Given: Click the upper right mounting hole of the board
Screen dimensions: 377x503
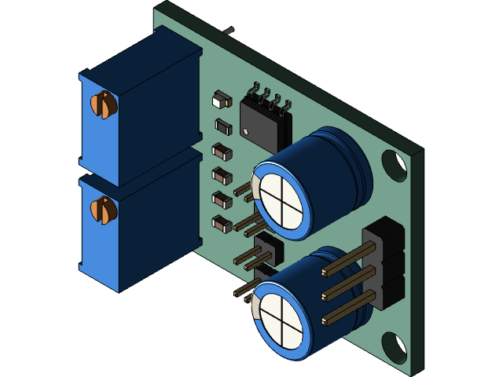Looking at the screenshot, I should (394, 165).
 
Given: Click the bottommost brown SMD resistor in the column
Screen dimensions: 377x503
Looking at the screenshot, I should (222, 224).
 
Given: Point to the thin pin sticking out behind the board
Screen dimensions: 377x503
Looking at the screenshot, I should (229, 31).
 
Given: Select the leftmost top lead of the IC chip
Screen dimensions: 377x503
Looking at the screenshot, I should (254, 88).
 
